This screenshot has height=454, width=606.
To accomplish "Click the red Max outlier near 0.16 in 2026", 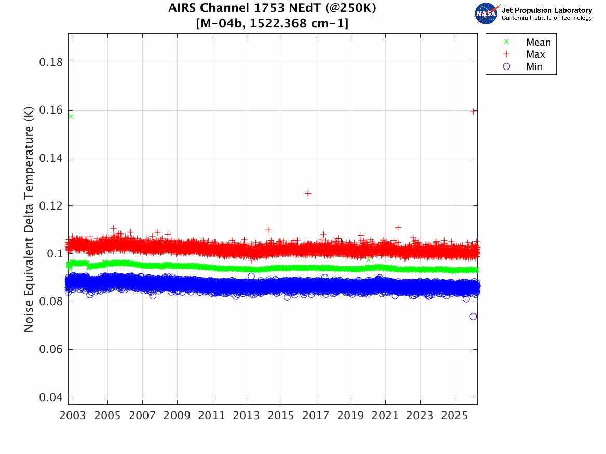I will (x=473, y=111).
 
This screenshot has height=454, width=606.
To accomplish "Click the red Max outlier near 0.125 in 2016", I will (x=308, y=193).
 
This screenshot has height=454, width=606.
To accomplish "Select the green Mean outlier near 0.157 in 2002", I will (x=70, y=116).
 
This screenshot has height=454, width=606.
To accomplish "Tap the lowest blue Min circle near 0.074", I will (x=473, y=317).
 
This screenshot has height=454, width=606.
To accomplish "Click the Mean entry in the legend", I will (x=537, y=43).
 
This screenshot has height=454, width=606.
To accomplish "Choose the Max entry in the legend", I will (x=535, y=54).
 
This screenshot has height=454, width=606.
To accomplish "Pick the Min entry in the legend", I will (x=534, y=66).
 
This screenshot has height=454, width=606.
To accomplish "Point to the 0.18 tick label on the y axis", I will (x=51, y=62).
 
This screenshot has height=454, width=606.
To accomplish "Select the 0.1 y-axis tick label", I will (x=55, y=254).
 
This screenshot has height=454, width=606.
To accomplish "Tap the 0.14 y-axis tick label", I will (x=51, y=158).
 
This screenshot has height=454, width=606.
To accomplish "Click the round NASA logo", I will (x=486, y=13).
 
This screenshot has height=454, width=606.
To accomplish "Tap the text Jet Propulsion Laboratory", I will (x=546, y=10).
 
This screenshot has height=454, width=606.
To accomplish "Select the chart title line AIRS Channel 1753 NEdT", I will (x=272, y=9).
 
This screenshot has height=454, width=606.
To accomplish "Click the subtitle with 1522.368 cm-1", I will (x=272, y=23).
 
